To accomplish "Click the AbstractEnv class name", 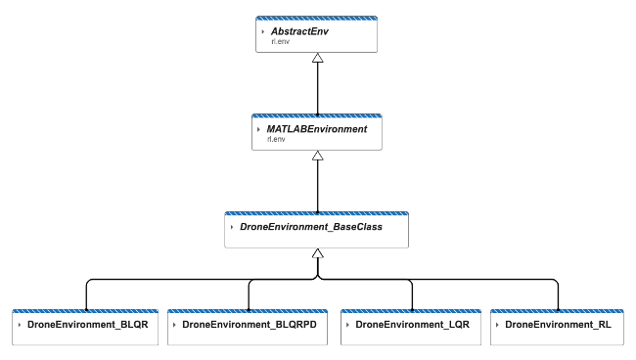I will (301, 31).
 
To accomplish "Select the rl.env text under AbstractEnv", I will (280, 42).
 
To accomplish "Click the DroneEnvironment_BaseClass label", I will (310, 226).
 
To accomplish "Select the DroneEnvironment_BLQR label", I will (86, 323).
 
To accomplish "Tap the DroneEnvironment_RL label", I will (559, 323).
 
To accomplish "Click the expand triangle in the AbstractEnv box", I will (263, 32).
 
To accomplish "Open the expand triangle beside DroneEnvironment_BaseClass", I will (232, 226).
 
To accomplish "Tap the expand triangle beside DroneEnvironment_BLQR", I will (20, 323).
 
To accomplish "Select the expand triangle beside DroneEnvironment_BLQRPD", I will (174, 323).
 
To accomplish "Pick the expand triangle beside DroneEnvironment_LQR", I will (347, 323).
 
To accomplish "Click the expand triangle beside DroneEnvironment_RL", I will (497, 323).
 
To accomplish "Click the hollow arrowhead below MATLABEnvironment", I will (316, 156).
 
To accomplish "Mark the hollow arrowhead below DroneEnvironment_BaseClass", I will (316, 252).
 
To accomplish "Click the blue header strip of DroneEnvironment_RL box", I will (559, 310).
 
